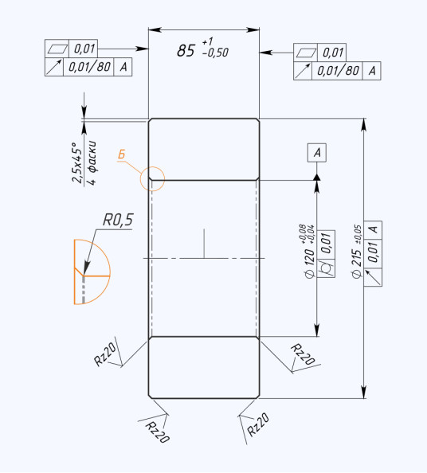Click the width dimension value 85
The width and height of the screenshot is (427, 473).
tap(186, 50)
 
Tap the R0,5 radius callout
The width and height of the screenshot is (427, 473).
tap(118, 220)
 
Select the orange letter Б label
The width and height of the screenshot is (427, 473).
tap(121, 154)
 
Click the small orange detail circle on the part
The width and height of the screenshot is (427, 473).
tap(152, 166)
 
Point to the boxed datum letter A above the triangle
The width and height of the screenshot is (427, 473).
tap(317, 153)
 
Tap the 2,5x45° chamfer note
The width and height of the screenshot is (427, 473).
tap(77, 162)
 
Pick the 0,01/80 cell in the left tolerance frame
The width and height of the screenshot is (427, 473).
tap(88, 67)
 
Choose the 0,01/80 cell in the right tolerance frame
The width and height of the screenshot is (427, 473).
tap(337, 71)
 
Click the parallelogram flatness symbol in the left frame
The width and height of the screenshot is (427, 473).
tap(57, 49)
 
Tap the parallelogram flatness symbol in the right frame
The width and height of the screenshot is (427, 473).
tap(306, 53)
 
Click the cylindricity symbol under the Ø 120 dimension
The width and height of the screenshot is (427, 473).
tap(327, 268)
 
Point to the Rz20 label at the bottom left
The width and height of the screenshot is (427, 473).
tap(158, 432)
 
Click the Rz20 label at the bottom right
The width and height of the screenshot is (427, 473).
tap(258, 424)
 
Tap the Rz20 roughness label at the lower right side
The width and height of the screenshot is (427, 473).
tap(303, 354)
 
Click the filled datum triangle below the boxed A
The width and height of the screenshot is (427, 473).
tap(316, 178)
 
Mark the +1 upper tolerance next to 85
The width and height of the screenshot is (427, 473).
tap(208, 41)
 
